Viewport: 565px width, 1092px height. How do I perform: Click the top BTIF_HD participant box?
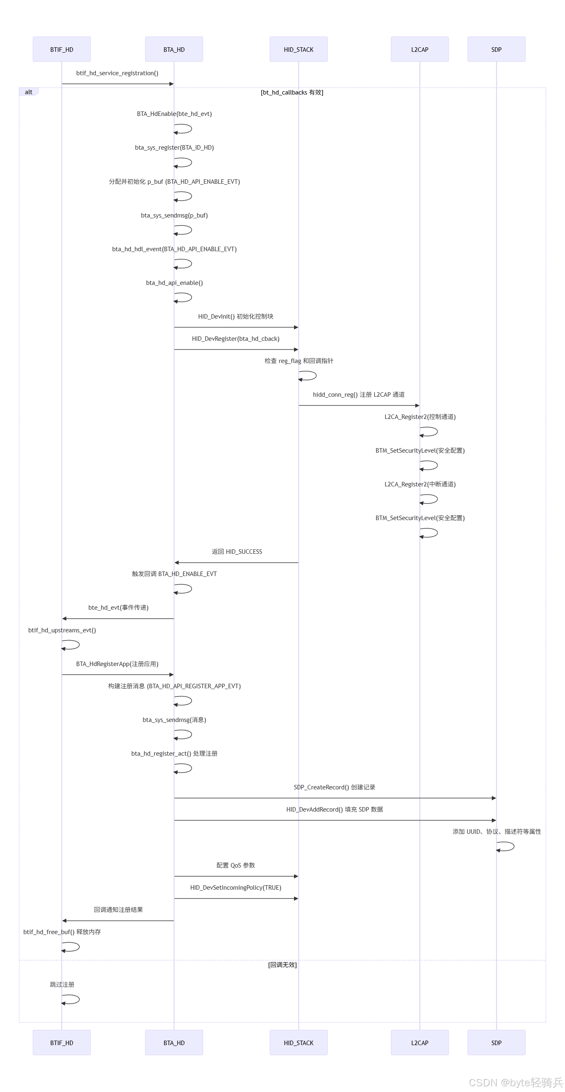(61, 49)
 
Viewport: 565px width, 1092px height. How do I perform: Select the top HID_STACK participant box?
(299, 49)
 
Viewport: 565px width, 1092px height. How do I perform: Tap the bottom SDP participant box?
(496, 1042)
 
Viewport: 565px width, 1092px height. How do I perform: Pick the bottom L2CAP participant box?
(419, 1042)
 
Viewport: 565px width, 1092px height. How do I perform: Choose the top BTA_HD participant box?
(174, 49)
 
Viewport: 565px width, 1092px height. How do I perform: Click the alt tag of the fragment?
(28, 92)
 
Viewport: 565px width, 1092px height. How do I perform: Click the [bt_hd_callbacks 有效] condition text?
(292, 93)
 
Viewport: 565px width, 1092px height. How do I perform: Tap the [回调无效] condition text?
(282, 965)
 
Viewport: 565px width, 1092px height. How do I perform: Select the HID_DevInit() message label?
(235, 316)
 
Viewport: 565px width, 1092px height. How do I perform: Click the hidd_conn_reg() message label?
(359, 394)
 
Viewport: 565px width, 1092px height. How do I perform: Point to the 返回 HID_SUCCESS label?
(236, 551)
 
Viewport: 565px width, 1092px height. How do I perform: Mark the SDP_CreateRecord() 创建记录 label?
(334, 787)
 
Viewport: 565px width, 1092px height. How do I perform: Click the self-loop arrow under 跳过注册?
(71, 999)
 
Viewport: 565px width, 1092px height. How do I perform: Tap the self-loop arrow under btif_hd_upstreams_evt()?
(71, 645)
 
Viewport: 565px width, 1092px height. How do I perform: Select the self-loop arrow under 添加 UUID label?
(506, 847)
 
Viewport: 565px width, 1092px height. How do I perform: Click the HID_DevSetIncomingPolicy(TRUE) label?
(236, 887)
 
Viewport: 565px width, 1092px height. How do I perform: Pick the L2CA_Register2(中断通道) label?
(419, 484)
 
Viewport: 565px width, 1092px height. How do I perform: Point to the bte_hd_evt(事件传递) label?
(118, 608)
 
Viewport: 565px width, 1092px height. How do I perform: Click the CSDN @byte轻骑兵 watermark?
(515, 1082)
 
